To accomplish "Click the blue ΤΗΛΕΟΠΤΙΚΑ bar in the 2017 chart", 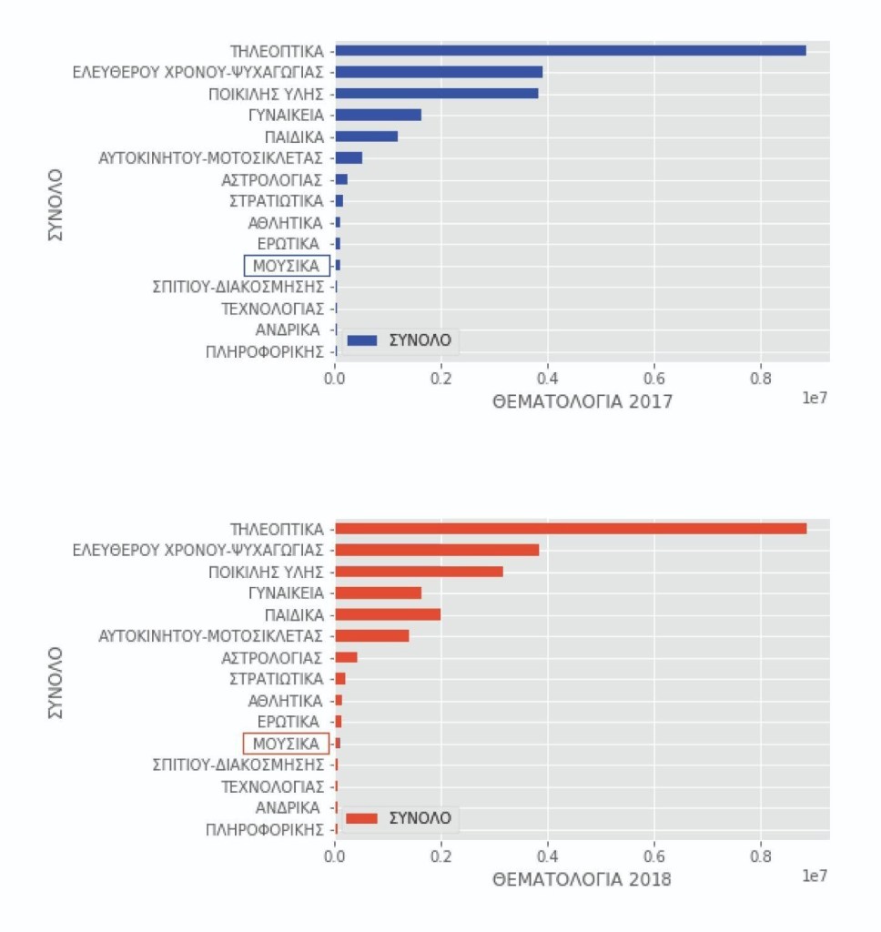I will coord(571,50).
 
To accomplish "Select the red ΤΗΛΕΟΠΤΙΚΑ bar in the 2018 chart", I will coord(571,529).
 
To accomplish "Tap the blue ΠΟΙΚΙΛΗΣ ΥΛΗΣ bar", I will coord(437,93).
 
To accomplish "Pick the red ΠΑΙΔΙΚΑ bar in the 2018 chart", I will coord(388,614).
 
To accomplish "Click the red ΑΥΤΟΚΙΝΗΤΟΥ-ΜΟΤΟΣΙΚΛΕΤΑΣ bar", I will coord(372,635).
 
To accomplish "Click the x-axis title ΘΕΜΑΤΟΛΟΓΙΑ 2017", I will coord(582,400).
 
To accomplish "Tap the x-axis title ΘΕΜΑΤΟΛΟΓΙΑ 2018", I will coord(582,880).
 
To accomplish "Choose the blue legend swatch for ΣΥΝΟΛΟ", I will coord(362,340).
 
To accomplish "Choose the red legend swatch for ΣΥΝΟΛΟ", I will coord(362,818).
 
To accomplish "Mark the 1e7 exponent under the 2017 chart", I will coord(815,398).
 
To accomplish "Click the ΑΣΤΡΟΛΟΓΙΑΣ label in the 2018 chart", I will coord(271,657).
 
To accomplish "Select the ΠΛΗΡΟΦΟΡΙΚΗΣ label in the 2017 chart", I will coord(265,351).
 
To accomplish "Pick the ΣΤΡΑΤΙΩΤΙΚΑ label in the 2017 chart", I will coord(276,201).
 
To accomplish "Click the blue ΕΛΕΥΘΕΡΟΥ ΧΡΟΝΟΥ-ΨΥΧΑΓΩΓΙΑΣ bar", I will coord(439,72).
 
